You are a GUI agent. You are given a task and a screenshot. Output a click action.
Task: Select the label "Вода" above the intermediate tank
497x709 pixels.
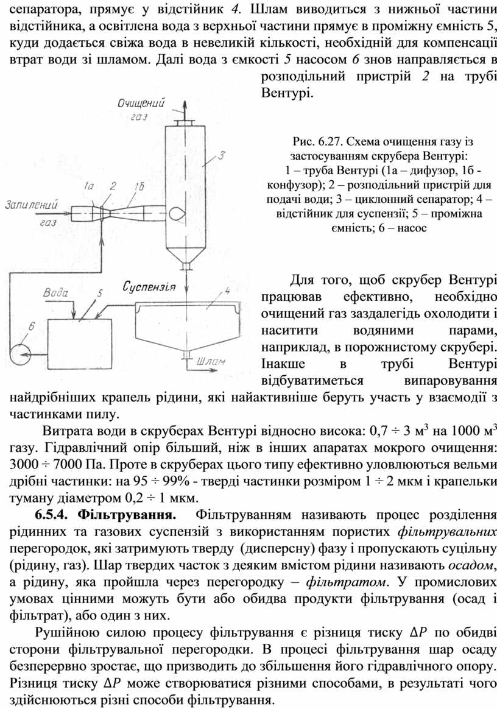[55, 293]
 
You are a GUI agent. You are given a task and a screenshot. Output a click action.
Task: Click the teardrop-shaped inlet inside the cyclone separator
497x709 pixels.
[177, 213]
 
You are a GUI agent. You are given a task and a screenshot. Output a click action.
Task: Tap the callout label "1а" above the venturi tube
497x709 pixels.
[90, 186]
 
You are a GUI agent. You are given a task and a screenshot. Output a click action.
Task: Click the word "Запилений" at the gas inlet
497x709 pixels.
[31, 205]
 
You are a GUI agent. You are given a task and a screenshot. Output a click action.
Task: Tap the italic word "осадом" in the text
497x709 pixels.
[470, 566]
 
